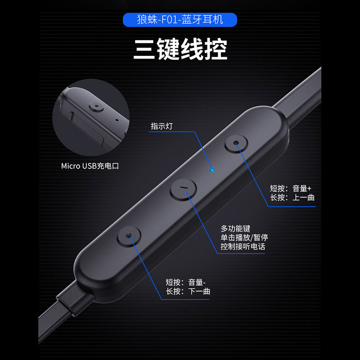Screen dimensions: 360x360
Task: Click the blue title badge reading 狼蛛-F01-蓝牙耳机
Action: (x=180, y=20)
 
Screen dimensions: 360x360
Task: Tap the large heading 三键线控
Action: (x=180, y=49)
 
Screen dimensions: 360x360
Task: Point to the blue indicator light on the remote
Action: (x=212, y=171)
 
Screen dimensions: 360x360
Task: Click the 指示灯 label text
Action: (x=162, y=126)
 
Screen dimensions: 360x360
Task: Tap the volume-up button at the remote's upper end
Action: (x=236, y=144)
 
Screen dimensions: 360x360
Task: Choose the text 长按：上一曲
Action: (x=290, y=198)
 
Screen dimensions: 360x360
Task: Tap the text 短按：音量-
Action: (x=185, y=282)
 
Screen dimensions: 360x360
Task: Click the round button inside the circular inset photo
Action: (x=96, y=107)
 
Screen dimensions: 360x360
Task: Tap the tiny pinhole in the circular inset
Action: (x=117, y=120)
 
